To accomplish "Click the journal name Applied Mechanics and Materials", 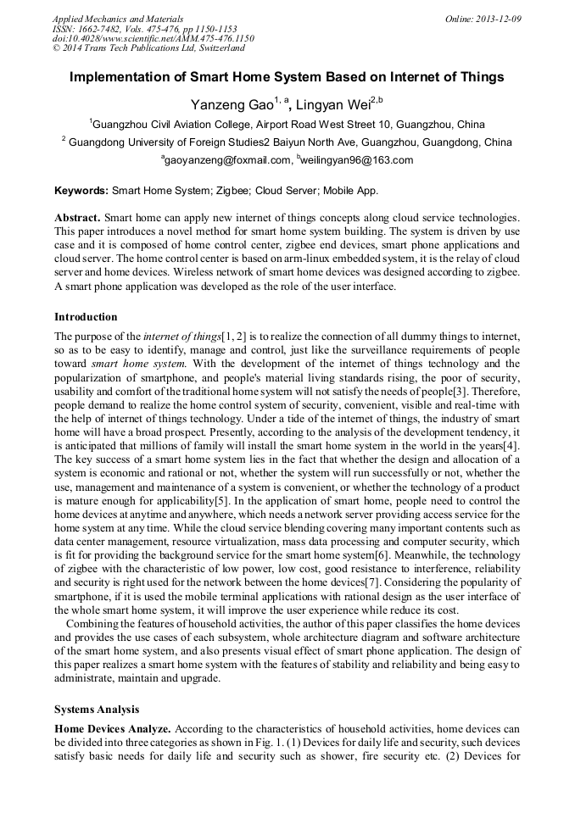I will click(x=118, y=18).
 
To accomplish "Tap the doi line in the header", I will click(x=153, y=38).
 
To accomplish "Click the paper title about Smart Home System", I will click(x=287, y=77).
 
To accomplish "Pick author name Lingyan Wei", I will click(x=334, y=104).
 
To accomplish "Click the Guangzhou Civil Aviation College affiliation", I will click(x=287, y=124).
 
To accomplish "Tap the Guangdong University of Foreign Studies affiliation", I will click(x=287, y=142).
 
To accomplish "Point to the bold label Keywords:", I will click(x=82, y=191).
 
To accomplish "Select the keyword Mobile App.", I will click(x=349, y=191).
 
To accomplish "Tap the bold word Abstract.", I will click(x=79, y=218).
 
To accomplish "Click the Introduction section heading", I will click(x=86, y=317).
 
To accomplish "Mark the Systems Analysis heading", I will click(x=97, y=709).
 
